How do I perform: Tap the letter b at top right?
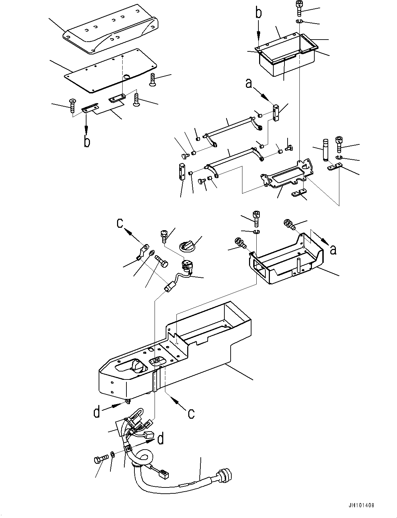258,14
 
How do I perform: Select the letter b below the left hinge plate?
87,142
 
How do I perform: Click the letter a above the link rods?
249,84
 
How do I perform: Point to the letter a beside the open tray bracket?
333,249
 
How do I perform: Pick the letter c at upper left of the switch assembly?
120,223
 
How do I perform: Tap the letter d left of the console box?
97,412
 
